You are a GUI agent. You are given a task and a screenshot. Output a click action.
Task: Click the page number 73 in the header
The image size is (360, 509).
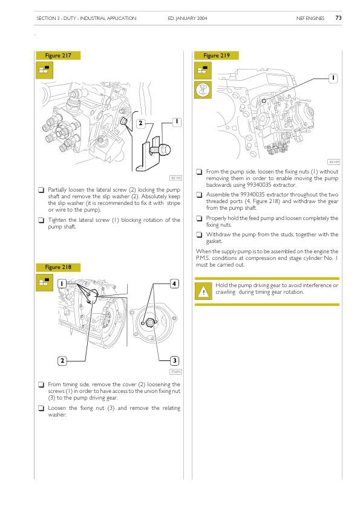[x=338, y=18]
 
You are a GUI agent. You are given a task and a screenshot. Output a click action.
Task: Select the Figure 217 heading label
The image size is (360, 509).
[x=58, y=56]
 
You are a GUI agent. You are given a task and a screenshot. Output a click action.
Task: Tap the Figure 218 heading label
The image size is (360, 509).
[x=58, y=267]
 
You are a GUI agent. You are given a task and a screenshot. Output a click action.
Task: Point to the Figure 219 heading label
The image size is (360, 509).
[x=217, y=56]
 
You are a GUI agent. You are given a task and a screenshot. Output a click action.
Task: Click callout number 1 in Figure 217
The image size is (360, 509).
[x=177, y=122]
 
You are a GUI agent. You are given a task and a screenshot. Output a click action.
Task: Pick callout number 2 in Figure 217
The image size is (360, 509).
[x=140, y=123]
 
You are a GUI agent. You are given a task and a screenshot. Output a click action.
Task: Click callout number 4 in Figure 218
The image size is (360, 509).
[x=174, y=284]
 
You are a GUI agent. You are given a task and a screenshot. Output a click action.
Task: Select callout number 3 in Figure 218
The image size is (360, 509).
[x=174, y=361]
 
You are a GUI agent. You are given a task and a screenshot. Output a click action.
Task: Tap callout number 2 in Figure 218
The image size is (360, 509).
[x=62, y=361]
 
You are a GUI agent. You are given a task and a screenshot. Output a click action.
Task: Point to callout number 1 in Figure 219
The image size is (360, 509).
[x=333, y=78]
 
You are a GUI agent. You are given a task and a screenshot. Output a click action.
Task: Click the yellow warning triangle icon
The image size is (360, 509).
[x=203, y=291]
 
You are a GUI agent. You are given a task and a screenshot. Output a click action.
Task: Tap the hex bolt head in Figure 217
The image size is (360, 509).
[x=165, y=150]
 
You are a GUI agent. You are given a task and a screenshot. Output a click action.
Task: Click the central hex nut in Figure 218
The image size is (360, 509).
[x=149, y=323]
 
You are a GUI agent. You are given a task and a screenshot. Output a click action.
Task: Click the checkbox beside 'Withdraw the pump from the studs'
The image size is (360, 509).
[x=199, y=235]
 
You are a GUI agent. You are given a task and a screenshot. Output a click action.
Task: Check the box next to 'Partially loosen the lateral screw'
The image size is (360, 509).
[x=41, y=190]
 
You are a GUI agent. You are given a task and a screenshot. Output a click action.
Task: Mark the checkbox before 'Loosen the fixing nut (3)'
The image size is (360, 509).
[x=41, y=408]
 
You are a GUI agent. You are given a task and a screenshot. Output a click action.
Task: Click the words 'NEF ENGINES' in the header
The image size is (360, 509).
[x=310, y=18]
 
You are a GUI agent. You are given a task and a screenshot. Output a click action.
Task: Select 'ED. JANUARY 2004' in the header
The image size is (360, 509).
[x=188, y=18]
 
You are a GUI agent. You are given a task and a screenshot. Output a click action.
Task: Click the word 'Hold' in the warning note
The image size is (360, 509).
[x=221, y=285]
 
